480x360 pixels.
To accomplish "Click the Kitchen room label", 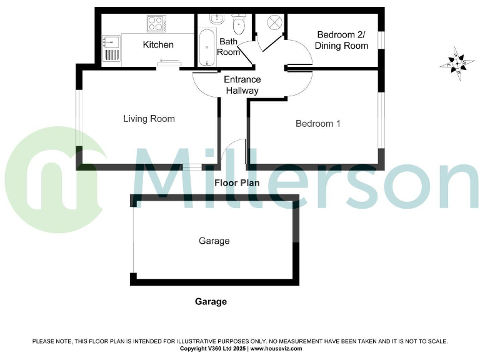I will (158, 44).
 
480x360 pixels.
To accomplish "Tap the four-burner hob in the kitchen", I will (154, 24).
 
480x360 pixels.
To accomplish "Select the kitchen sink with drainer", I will (111, 49).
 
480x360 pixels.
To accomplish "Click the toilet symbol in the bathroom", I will (237, 25).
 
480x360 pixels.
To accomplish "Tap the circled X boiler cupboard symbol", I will (275, 23).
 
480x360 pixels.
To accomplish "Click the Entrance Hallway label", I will (242, 85).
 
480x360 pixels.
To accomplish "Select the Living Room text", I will (149, 119).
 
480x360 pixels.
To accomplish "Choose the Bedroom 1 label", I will (317, 124).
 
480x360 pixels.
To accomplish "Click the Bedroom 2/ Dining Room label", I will (341, 40).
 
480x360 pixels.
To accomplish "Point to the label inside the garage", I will (214, 241).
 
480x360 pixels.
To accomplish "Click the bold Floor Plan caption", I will (236, 183).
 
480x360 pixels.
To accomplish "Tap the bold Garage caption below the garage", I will (211, 301).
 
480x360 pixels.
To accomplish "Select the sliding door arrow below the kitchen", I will (168, 61).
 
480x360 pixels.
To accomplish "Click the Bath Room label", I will (228, 47).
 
